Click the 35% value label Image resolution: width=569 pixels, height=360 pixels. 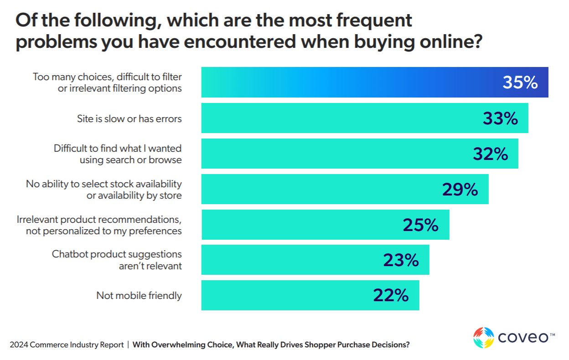[x=520, y=83]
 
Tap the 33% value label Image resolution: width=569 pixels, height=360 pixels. [x=500, y=118]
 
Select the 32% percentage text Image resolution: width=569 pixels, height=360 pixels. [x=490, y=154]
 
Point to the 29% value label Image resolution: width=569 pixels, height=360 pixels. [x=460, y=190]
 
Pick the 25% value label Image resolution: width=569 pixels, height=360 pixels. [x=420, y=225]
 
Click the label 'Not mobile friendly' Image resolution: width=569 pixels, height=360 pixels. [x=139, y=296]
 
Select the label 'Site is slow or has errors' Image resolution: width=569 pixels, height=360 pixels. [x=129, y=119]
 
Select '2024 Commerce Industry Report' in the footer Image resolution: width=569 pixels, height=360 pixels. [x=67, y=345]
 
